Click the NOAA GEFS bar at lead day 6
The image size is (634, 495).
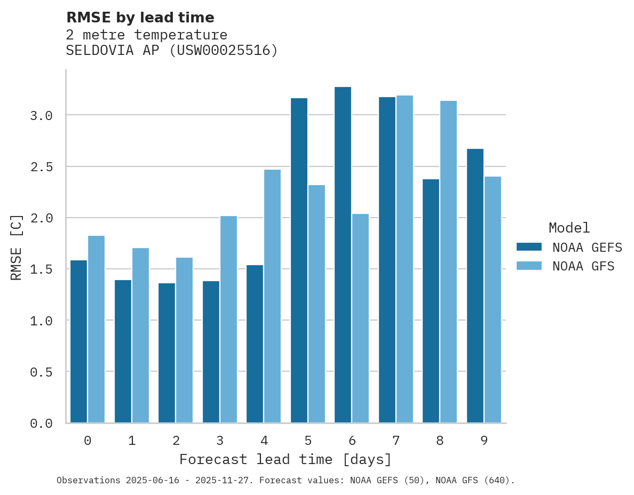coord(343,255)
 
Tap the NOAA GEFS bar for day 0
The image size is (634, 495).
coord(78,341)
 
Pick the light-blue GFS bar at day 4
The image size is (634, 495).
coord(272,296)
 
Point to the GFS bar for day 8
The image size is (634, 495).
coord(448,261)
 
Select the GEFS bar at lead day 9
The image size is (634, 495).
coord(475,285)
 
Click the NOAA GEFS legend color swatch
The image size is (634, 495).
coord(529,247)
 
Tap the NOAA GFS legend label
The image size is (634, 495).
coord(583,266)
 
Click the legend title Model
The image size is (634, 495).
coord(569,228)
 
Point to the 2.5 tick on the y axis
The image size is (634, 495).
coord(41,167)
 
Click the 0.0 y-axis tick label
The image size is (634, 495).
coord(41,424)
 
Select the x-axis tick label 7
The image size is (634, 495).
coord(395,441)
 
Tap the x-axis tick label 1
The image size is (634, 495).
coord(132,441)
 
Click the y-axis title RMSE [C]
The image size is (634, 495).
coord(17,246)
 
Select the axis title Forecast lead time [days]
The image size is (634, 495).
coord(286,459)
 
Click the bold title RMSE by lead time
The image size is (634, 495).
coord(140,18)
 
